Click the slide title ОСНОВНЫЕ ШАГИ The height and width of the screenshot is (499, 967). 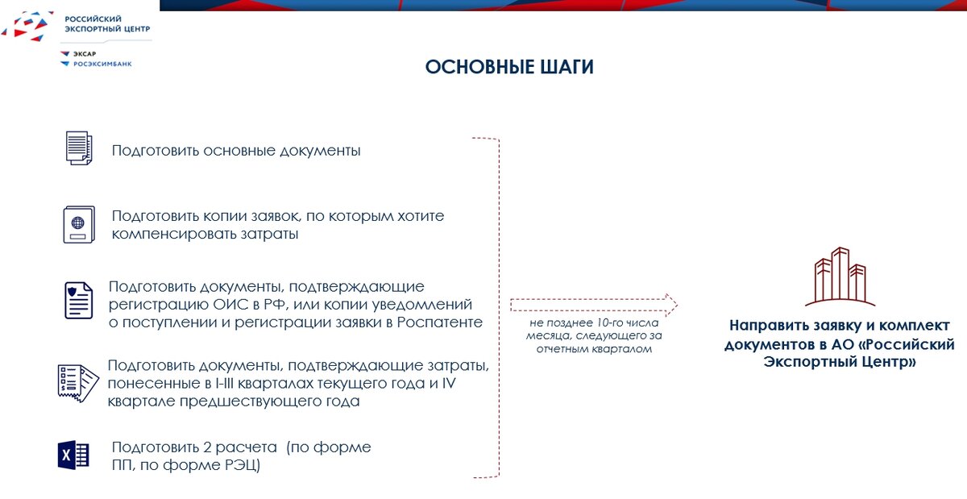509,67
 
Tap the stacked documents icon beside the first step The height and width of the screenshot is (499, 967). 77,149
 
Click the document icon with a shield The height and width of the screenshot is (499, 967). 78,301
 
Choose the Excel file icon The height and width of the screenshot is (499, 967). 73,455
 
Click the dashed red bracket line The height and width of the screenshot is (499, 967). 498,306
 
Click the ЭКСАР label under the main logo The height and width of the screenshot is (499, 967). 84,54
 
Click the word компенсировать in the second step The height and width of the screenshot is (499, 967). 169,235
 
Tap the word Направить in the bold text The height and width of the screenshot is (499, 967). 766,326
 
